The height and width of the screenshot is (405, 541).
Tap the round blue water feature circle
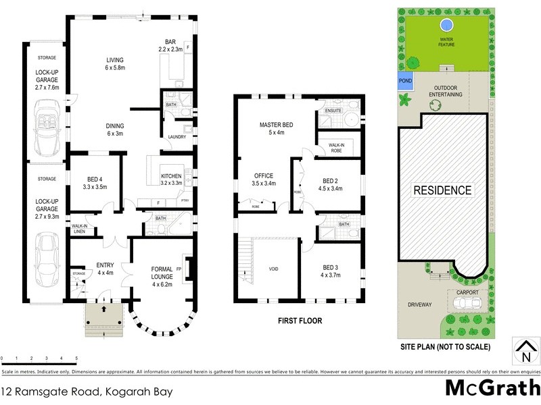(446, 26)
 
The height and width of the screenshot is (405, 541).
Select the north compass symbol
(525, 350)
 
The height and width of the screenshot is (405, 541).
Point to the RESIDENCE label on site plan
(443, 190)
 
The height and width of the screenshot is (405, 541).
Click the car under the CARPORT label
(464, 302)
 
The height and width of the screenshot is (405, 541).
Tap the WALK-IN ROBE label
(335, 147)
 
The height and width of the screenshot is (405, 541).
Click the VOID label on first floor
(273, 269)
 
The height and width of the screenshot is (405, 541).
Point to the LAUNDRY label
(177, 137)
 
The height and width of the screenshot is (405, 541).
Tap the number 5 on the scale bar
(76, 358)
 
